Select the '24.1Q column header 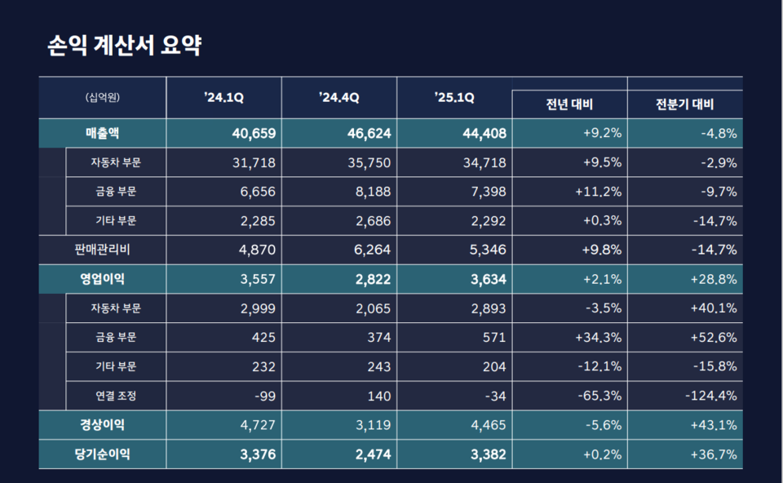point(223,98)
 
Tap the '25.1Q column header point(454,98)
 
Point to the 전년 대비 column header point(569,104)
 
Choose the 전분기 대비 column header point(684,104)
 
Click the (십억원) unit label point(103,98)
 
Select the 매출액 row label point(103,133)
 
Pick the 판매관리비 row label point(103,250)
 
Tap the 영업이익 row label point(103,279)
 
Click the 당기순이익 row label point(103,454)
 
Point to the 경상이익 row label point(103,425)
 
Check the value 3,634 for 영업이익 point(487,279)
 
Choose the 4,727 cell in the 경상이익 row point(257,425)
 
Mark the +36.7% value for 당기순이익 point(713,454)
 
